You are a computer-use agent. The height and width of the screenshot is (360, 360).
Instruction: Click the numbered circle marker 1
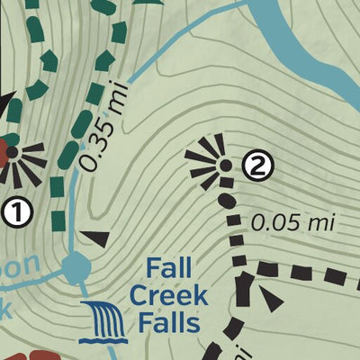(17, 213)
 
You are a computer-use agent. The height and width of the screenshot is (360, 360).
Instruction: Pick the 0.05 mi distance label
(286, 221)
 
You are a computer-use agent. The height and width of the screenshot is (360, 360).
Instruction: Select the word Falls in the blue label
(169, 321)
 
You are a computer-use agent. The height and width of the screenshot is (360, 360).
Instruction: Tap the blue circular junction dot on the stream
(76, 265)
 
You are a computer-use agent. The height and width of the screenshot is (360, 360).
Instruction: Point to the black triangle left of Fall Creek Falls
(96, 238)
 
